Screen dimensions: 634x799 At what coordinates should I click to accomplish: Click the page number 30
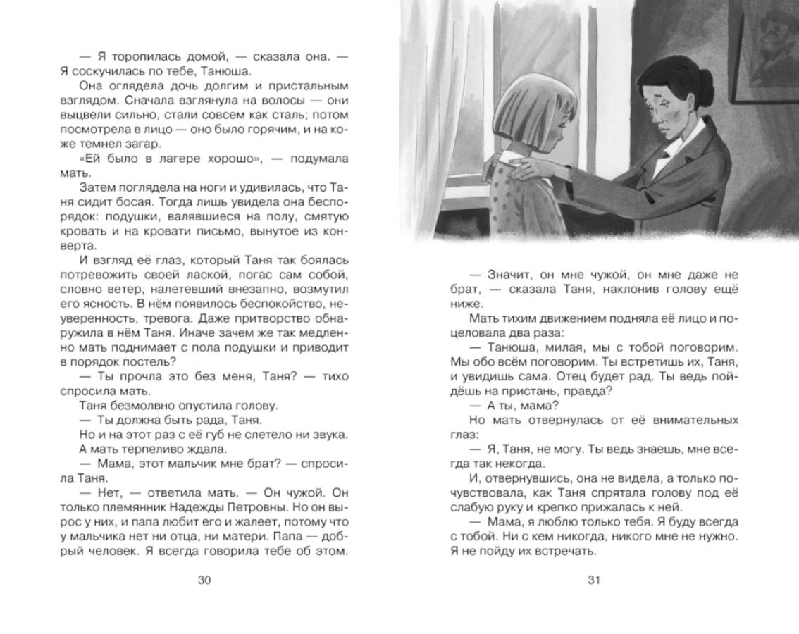click(x=204, y=580)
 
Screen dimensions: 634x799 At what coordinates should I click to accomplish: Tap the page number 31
click(x=594, y=580)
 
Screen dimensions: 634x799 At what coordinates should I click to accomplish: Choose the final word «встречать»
click(x=561, y=551)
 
